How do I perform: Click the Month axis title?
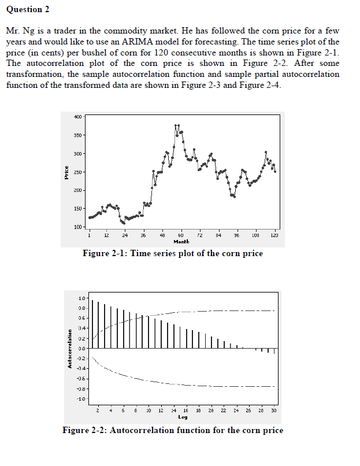[x=181, y=242]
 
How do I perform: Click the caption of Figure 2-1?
[x=173, y=253]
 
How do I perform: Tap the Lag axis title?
[x=183, y=416]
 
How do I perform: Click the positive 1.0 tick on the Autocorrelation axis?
[x=81, y=298]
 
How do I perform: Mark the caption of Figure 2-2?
[x=173, y=430]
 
